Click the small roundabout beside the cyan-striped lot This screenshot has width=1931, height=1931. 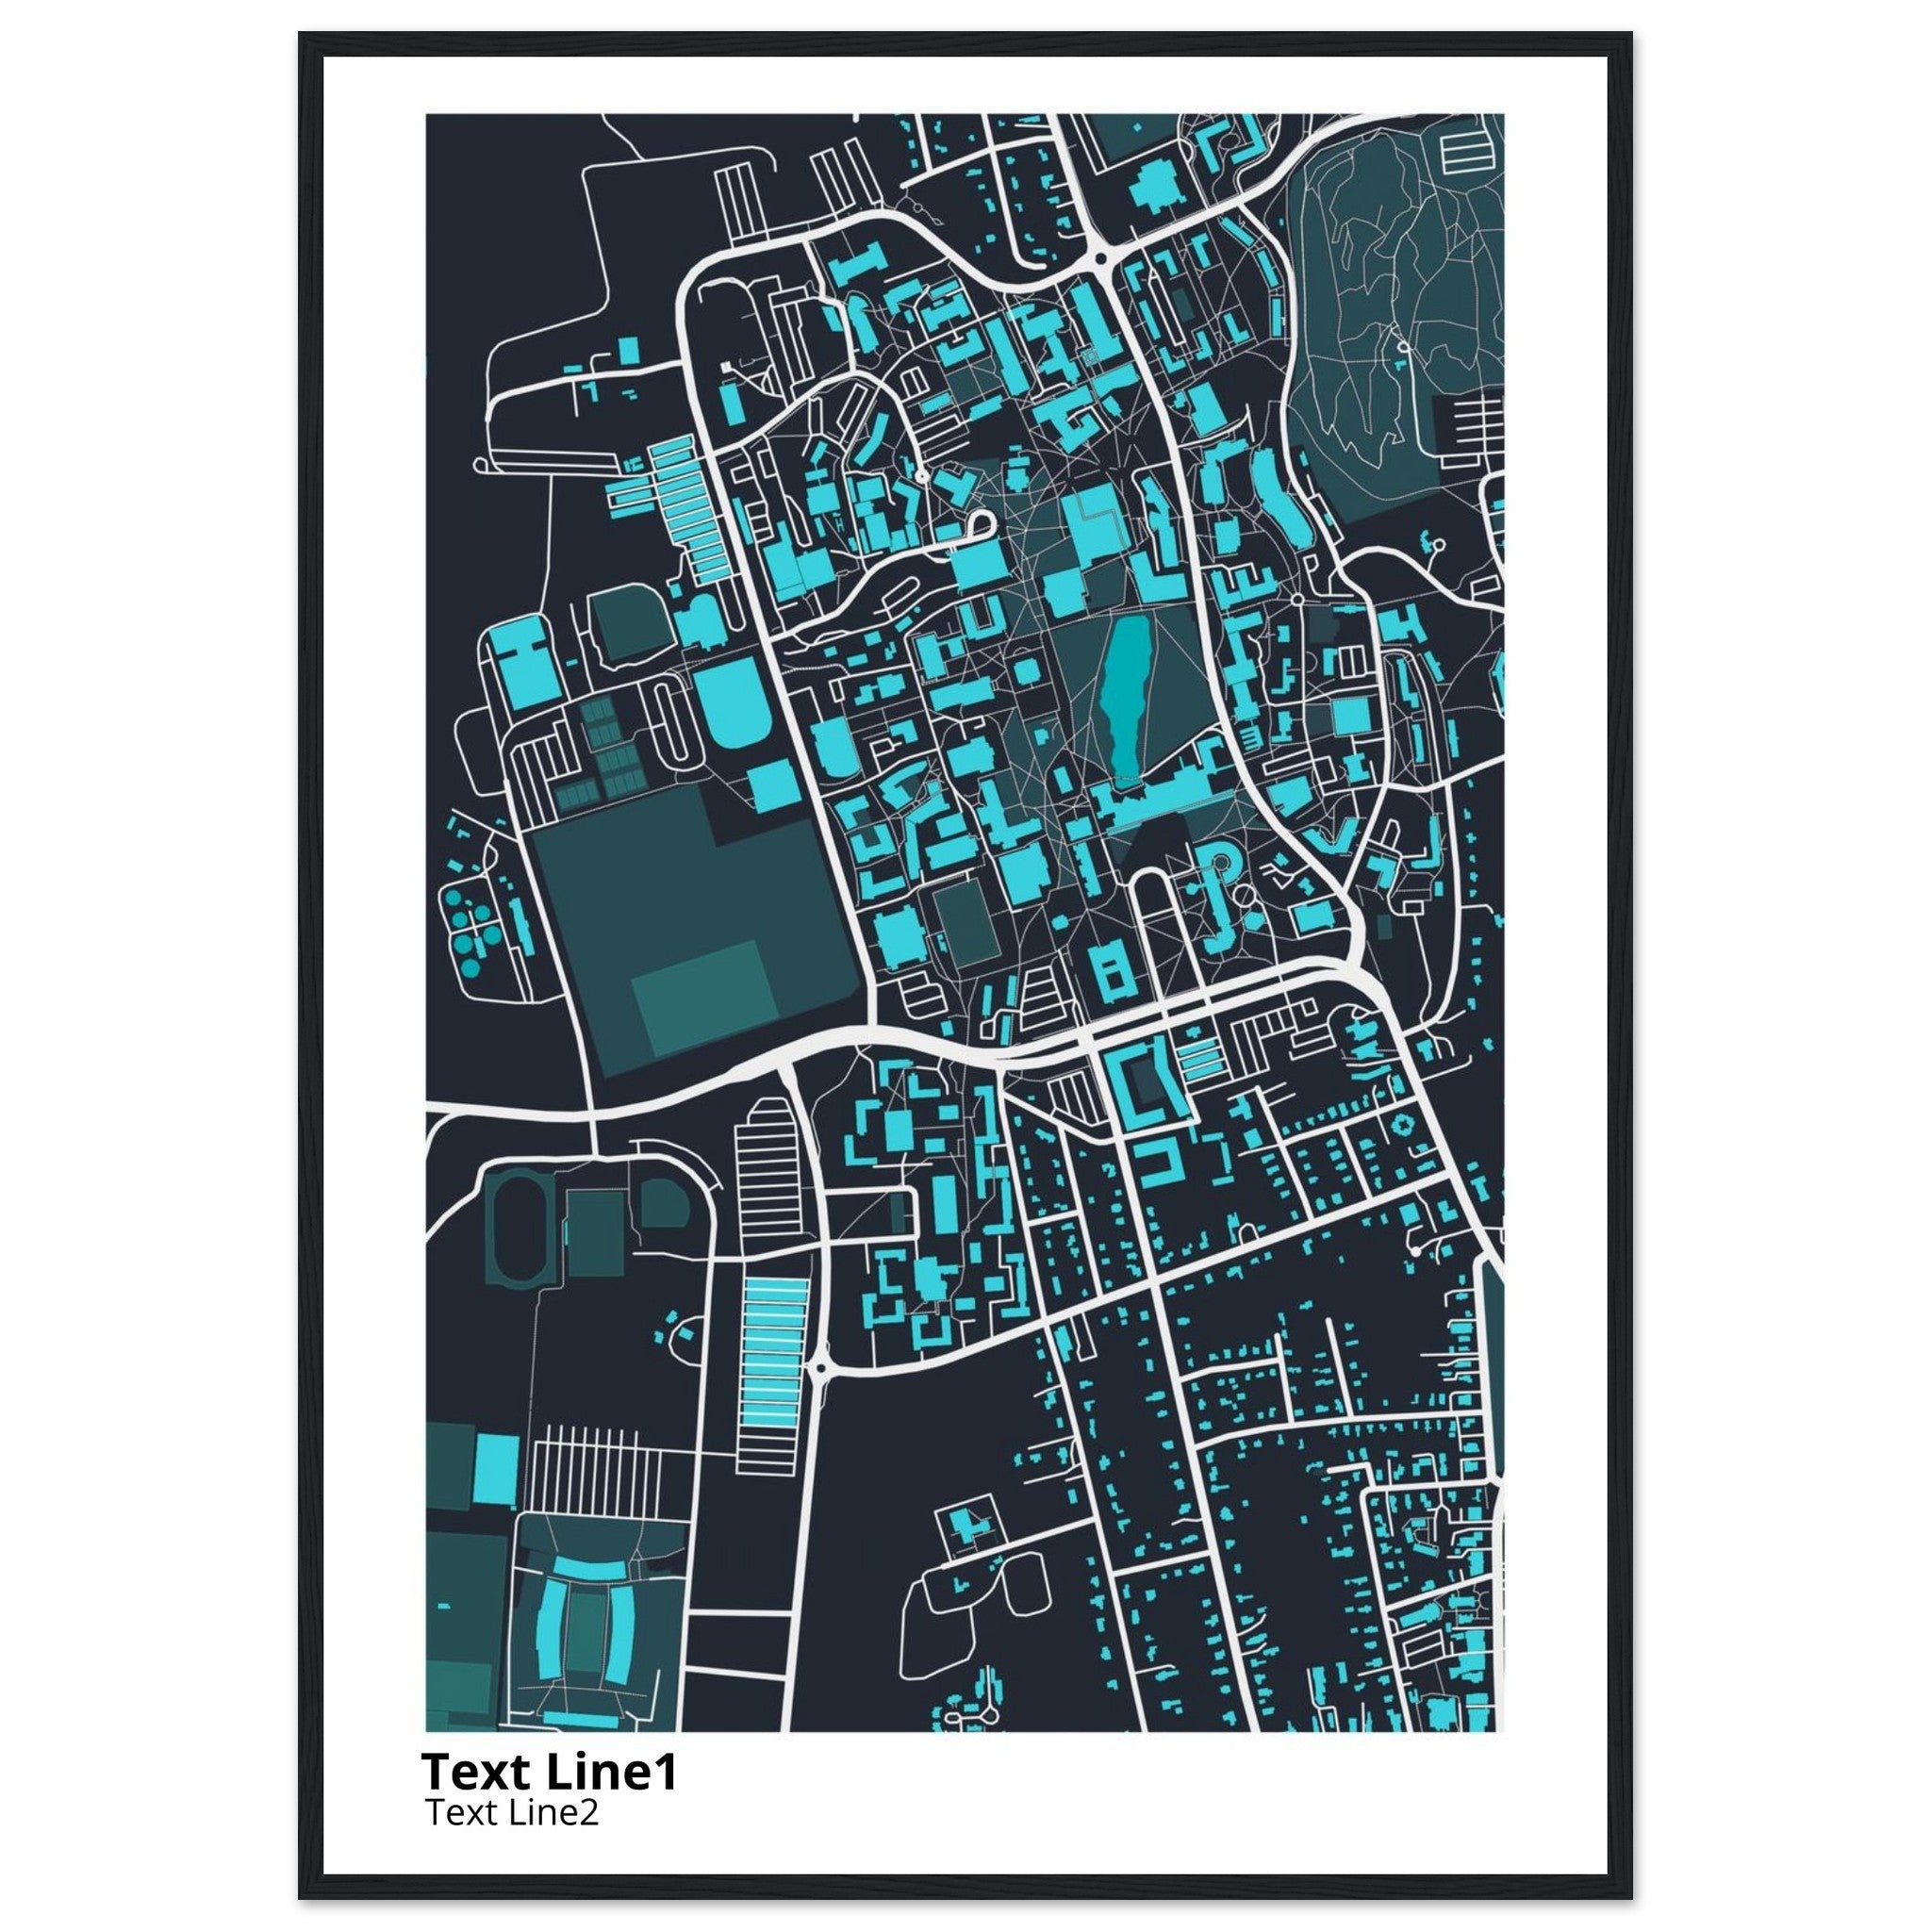819,1368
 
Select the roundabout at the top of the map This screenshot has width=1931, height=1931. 1100,257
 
